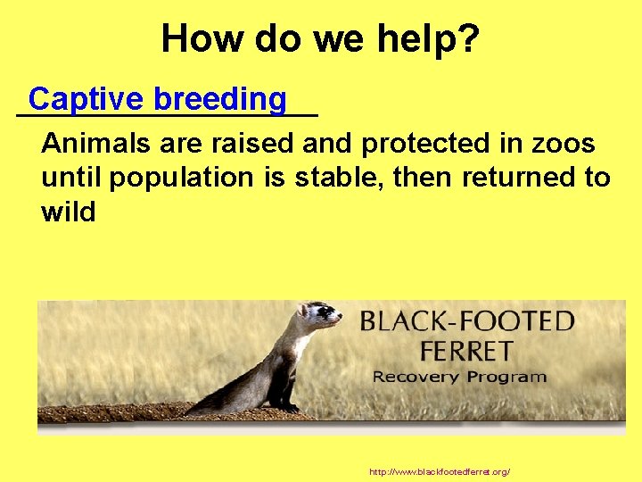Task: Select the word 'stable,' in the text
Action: click(x=335, y=178)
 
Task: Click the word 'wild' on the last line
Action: click(x=68, y=212)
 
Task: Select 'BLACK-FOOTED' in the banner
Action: click(x=466, y=321)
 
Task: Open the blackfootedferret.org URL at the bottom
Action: click(x=439, y=470)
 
